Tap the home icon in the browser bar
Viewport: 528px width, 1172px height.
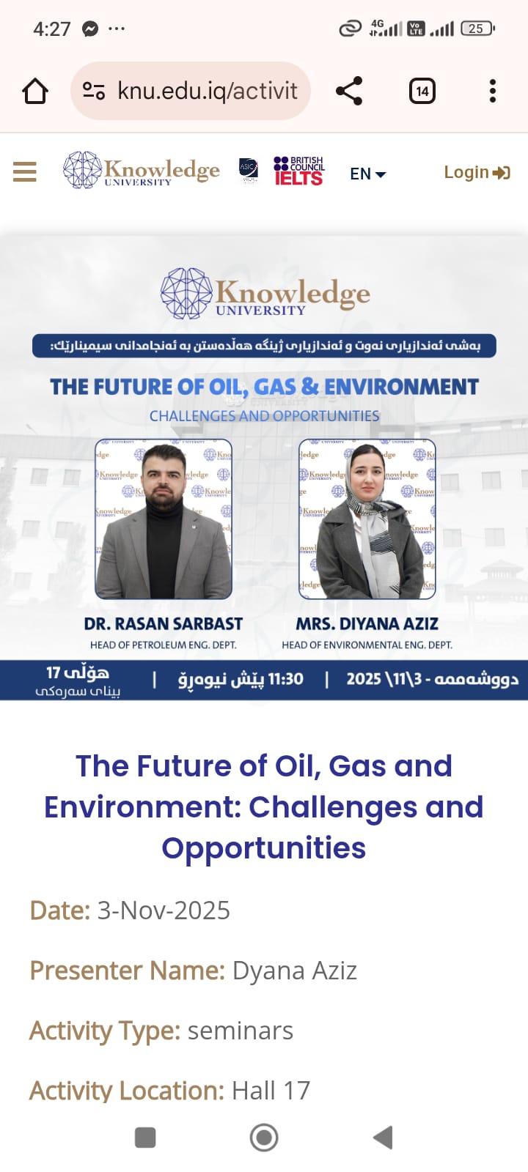[x=35, y=92]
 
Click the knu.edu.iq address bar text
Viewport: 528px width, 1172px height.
[x=207, y=91]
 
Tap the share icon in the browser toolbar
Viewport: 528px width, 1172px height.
[x=349, y=91]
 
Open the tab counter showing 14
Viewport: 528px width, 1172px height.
[x=422, y=91]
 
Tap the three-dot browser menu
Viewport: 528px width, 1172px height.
[x=492, y=91]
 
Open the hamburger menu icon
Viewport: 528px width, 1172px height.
[x=25, y=172]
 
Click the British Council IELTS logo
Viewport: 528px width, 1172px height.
[x=298, y=171]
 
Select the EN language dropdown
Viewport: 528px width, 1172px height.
[x=367, y=174]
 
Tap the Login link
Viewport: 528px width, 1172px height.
[x=476, y=172]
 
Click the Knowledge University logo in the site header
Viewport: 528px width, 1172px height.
[x=142, y=170]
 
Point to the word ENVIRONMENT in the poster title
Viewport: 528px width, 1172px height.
[x=401, y=386]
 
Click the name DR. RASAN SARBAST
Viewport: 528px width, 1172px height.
[x=163, y=624]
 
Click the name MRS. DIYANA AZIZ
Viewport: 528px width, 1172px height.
[x=367, y=624]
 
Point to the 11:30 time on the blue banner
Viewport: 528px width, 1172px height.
[x=285, y=679]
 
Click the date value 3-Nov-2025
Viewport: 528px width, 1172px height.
[x=164, y=910]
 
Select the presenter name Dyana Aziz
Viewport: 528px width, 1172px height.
[x=294, y=971]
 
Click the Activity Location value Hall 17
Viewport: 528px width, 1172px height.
[x=271, y=1091]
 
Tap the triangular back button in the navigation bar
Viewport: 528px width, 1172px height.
[x=384, y=1138]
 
